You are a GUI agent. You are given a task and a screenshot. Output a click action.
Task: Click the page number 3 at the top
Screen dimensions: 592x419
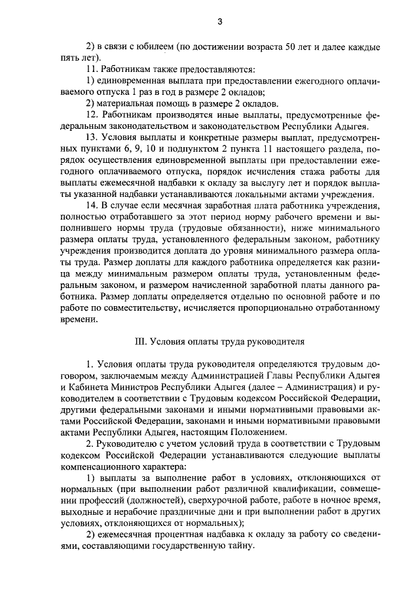[220, 22]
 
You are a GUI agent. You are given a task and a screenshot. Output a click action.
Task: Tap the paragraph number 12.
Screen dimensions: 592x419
[92, 114]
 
